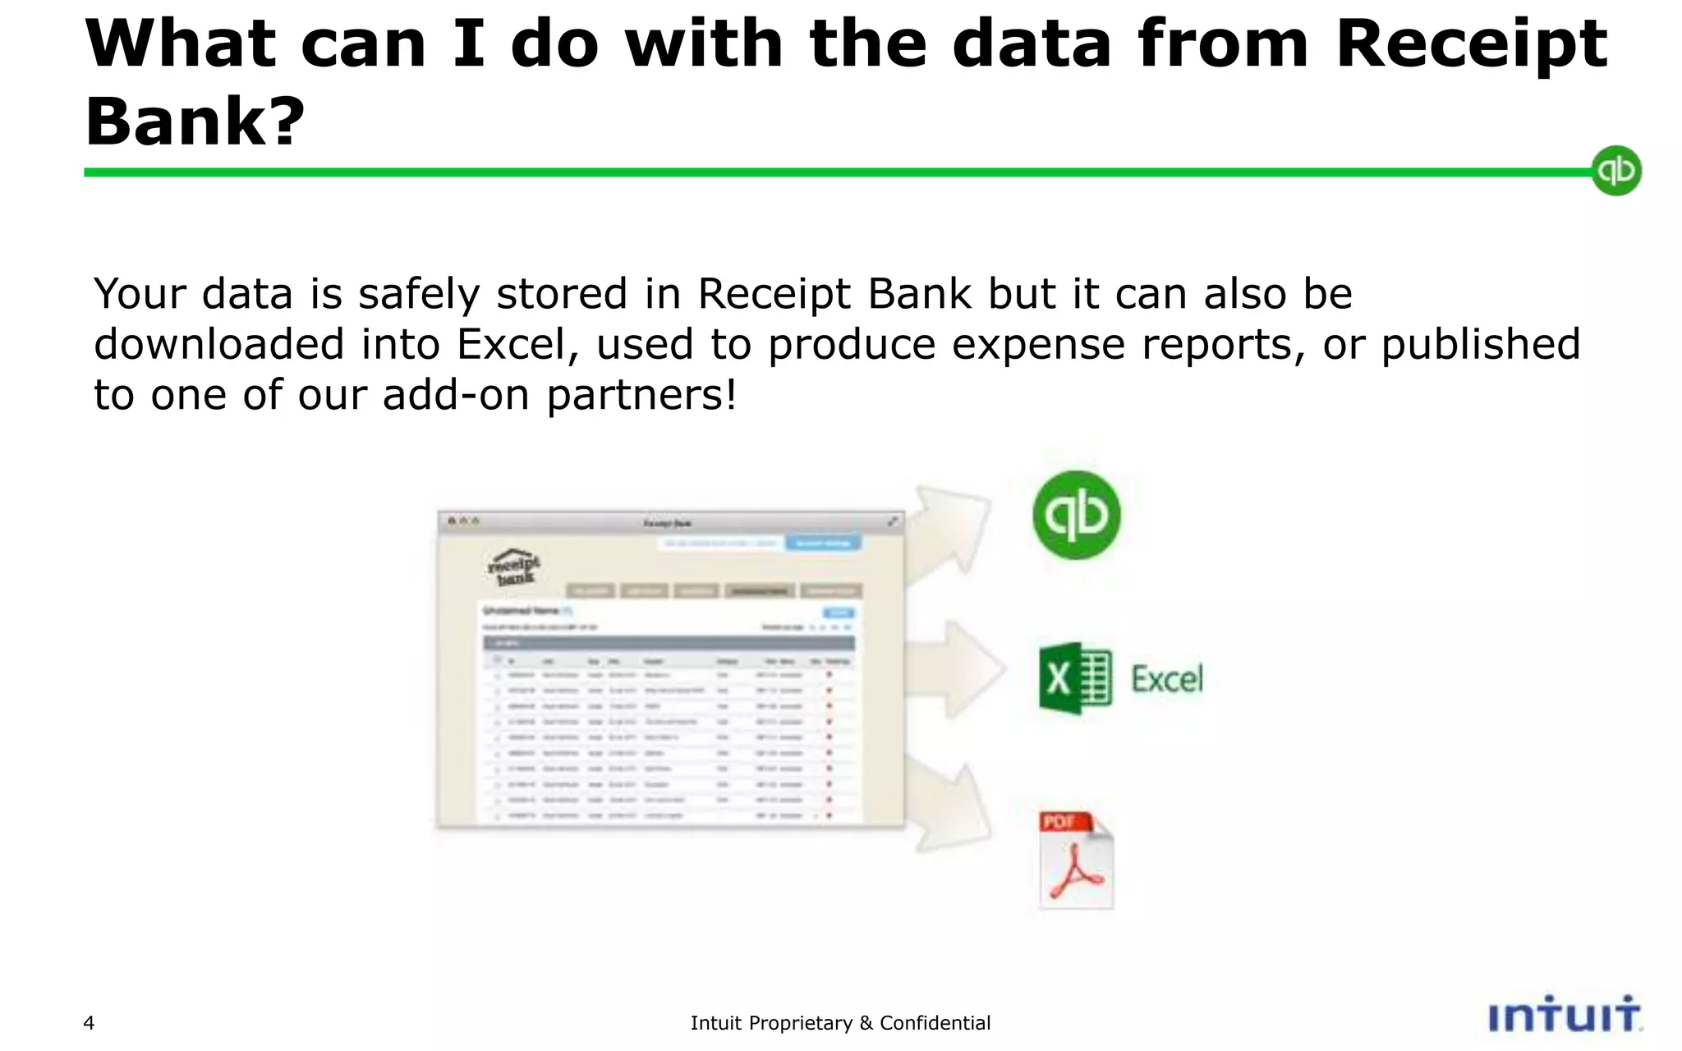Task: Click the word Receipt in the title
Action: [x=1470, y=45]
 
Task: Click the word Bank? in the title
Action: [x=195, y=122]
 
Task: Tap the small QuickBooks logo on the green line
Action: [x=1615, y=171]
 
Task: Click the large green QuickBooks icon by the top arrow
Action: [x=1077, y=515]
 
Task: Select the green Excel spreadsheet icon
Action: [x=1075, y=678]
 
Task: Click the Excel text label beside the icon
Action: [x=1166, y=679]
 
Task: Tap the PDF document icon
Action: [x=1076, y=860]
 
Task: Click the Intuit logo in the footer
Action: [x=1564, y=1016]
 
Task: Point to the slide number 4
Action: [x=89, y=1023]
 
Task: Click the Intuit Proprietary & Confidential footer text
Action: [x=840, y=1023]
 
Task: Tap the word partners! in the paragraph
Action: [x=641, y=395]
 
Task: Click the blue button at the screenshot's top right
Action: [x=823, y=543]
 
